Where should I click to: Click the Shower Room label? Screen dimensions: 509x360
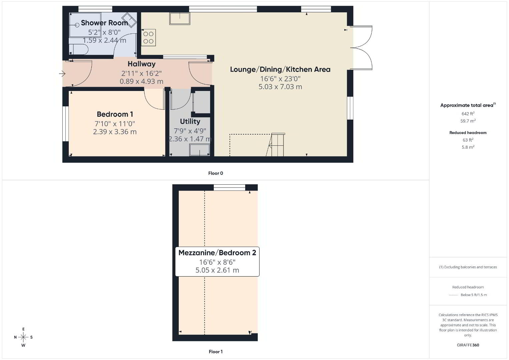[104, 23]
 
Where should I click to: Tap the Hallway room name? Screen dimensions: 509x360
[141, 64]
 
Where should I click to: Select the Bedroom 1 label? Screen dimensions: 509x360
[115, 114]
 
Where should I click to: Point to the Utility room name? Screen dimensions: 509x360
[190, 122]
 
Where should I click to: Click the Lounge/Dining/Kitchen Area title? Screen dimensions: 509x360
[280, 70]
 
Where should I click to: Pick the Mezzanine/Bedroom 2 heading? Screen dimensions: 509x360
[217, 253]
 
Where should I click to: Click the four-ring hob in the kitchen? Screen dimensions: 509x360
[148, 37]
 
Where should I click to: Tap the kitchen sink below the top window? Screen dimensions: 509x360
[179, 18]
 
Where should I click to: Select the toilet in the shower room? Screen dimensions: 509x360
[78, 49]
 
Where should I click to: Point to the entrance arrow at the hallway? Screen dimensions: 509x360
[62, 74]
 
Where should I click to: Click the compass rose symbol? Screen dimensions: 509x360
[23, 337]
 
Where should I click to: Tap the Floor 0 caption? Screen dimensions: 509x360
[216, 173]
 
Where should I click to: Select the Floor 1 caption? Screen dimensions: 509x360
[216, 352]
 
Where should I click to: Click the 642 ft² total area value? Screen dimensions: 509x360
[468, 114]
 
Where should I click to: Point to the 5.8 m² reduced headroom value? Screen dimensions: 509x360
[468, 147]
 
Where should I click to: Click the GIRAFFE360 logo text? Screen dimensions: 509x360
[468, 345]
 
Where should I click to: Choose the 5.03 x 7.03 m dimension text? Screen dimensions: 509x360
[280, 87]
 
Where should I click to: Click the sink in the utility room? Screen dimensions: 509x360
[200, 150]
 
